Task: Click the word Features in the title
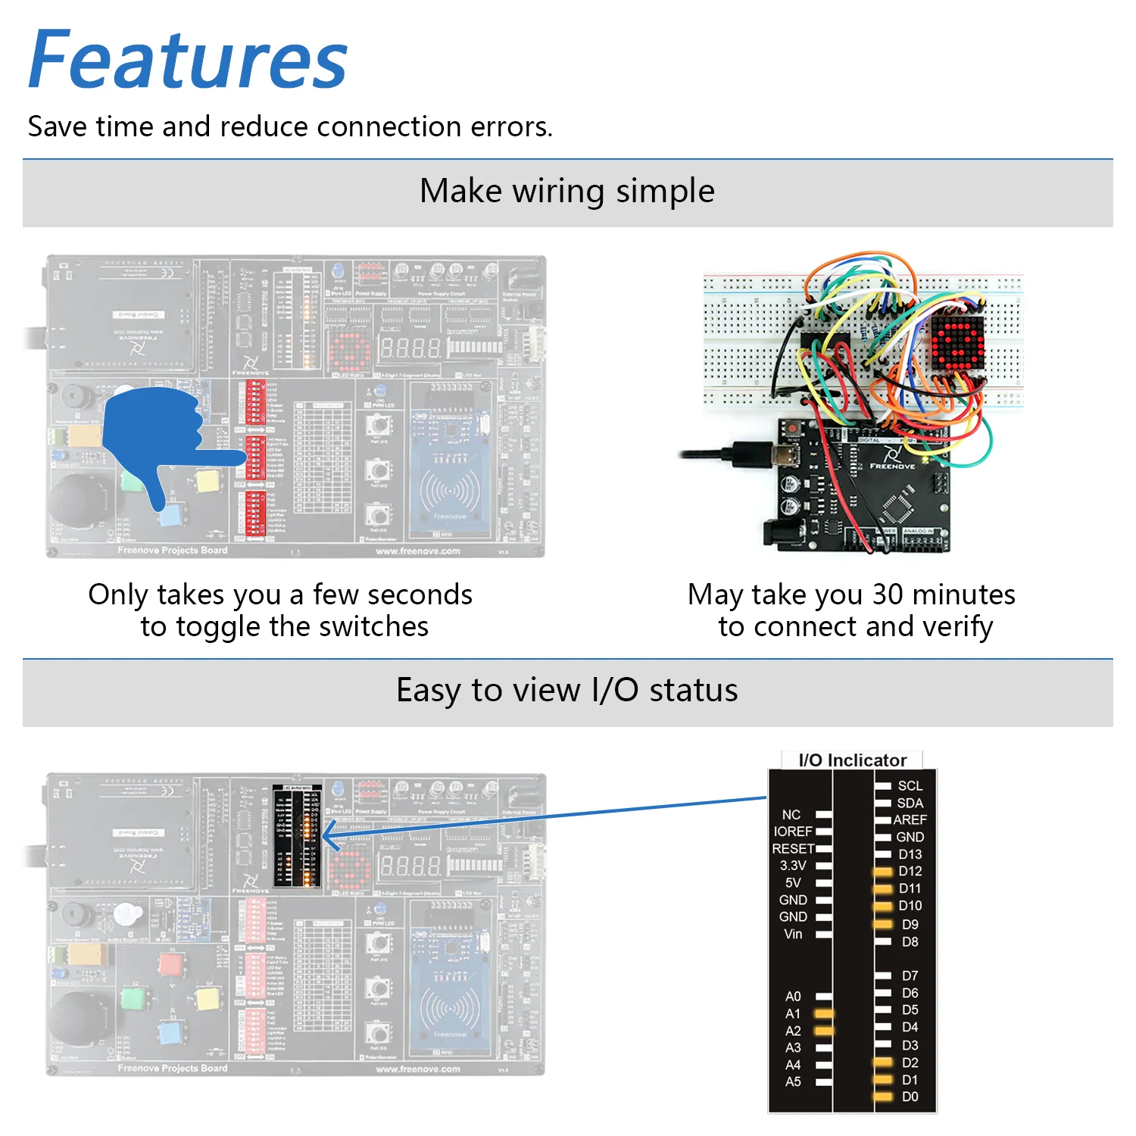188,61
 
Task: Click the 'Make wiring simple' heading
566,191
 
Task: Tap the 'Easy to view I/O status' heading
566,690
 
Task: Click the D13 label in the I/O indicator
910,854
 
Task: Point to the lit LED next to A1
823,1013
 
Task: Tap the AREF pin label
910,819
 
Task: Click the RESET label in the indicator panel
793,849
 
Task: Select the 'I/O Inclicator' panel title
852,760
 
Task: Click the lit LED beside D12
883,872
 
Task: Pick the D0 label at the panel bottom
910,1097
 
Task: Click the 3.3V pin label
793,866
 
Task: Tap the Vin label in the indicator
793,934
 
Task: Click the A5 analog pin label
793,1081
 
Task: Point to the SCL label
910,786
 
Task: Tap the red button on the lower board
170,964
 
